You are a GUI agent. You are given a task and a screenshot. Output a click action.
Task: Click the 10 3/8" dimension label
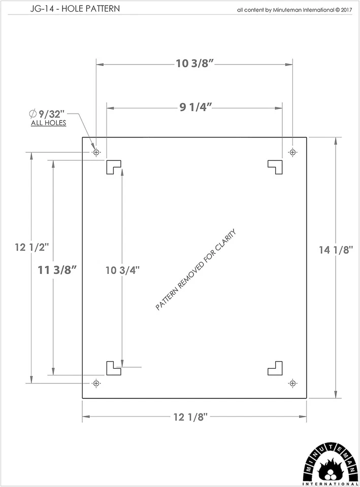(194, 64)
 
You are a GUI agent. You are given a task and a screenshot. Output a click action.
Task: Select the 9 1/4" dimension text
(195, 108)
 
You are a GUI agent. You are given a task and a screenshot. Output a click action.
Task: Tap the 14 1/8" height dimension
(336, 250)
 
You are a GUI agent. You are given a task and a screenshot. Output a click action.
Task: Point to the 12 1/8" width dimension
(190, 417)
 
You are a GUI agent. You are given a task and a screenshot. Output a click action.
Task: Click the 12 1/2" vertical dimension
(32, 248)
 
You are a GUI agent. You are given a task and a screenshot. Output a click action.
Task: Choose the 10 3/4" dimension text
(122, 270)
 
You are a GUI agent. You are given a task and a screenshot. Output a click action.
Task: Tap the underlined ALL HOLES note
(49, 123)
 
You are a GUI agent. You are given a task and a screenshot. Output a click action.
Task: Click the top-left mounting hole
(96, 152)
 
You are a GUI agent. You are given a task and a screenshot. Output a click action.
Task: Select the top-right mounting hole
(292, 152)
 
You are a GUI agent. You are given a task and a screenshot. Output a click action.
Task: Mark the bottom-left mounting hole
(96, 382)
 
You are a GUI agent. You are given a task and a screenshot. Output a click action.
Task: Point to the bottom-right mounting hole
(292, 382)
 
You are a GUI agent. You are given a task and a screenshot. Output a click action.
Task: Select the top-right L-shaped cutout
(276, 165)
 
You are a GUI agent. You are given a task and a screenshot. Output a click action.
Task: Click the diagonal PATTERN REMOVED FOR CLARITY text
(196, 269)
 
